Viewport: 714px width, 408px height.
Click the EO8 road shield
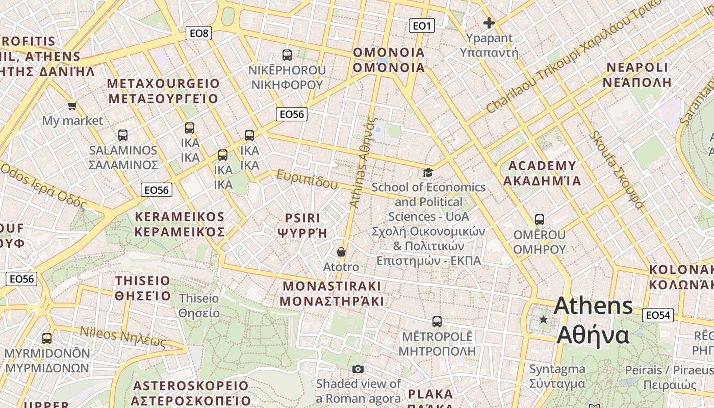click(199, 34)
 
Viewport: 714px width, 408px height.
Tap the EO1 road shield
click(422, 25)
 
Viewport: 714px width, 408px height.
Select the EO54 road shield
click(657, 315)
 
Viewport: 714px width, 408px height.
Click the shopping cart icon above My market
click(72, 106)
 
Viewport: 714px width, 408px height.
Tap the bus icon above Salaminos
click(123, 135)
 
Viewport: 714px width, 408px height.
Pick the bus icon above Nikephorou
click(287, 55)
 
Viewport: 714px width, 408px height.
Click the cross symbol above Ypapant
click(489, 23)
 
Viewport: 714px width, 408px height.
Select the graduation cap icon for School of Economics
click(428, 173)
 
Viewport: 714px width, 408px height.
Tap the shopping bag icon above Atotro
click(341, 252)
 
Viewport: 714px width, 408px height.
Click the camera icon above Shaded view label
click(358, 369)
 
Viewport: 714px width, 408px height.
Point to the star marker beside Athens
click(544, 320)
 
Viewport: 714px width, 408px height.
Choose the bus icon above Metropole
click(437, 322)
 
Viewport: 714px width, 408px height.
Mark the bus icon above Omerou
click(540, 220)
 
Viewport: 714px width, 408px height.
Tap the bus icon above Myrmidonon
click(47, 338)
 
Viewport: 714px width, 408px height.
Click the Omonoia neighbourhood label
click(389, 60)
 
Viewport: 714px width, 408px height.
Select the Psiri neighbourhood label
click(302, 225)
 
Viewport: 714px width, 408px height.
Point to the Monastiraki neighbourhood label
click(331, 293)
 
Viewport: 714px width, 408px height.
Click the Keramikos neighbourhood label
click(180, 224)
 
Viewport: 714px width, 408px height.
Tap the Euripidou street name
click(307, 179)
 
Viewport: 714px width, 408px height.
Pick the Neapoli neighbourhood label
click(637, 74)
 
